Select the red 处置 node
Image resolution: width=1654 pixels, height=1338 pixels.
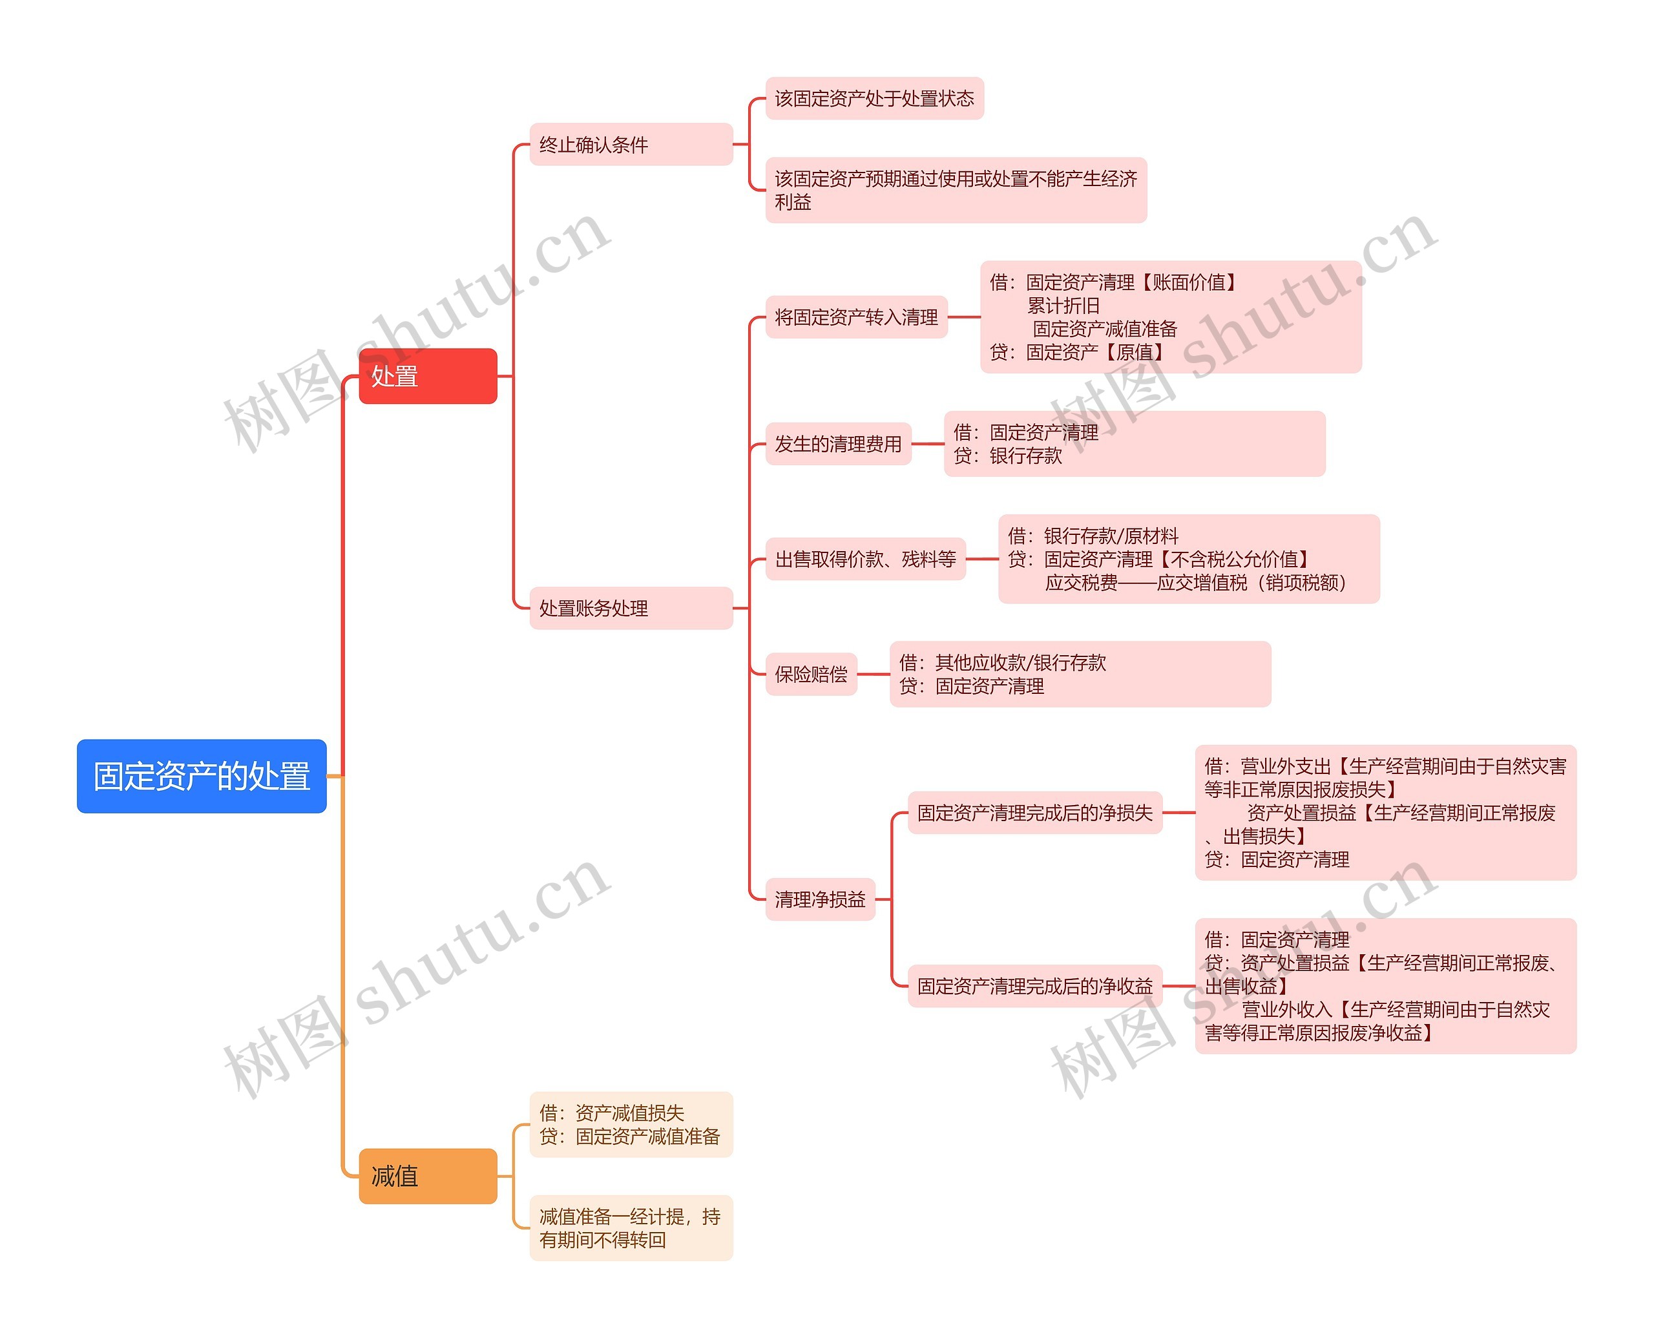[x=428, y=376]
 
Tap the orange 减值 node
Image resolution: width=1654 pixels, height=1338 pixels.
[x=428, y=1175]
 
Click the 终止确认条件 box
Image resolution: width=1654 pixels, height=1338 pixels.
[x=631, y=144]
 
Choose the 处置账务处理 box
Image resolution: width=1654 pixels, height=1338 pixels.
[x=631, y=608]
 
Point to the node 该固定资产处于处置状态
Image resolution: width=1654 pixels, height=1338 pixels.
[x=874, y=99]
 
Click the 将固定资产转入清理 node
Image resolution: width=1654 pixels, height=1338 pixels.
[x=855, y=317]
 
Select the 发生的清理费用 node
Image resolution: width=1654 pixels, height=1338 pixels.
[x=838, y=444]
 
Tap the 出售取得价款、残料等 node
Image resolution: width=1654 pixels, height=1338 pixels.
[x=864, y=559]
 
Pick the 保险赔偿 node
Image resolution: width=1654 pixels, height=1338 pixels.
[x=811, y=674]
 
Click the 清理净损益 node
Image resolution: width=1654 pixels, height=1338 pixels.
[x=820, y=899]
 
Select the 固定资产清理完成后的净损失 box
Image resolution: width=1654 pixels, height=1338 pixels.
[x=1034, y=812]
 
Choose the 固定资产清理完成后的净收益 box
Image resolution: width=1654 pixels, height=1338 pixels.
[x=1034, y=986]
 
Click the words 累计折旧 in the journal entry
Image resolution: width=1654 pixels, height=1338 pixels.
[x=1063, y=306]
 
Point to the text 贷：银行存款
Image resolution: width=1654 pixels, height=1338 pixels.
[x=1007, y=456]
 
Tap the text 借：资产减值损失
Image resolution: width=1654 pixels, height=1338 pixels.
[x=611, y=1113]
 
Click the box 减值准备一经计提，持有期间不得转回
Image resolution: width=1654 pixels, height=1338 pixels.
[x=631, y=1228]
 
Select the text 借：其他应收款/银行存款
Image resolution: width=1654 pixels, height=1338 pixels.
[x=1002, y=663]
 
